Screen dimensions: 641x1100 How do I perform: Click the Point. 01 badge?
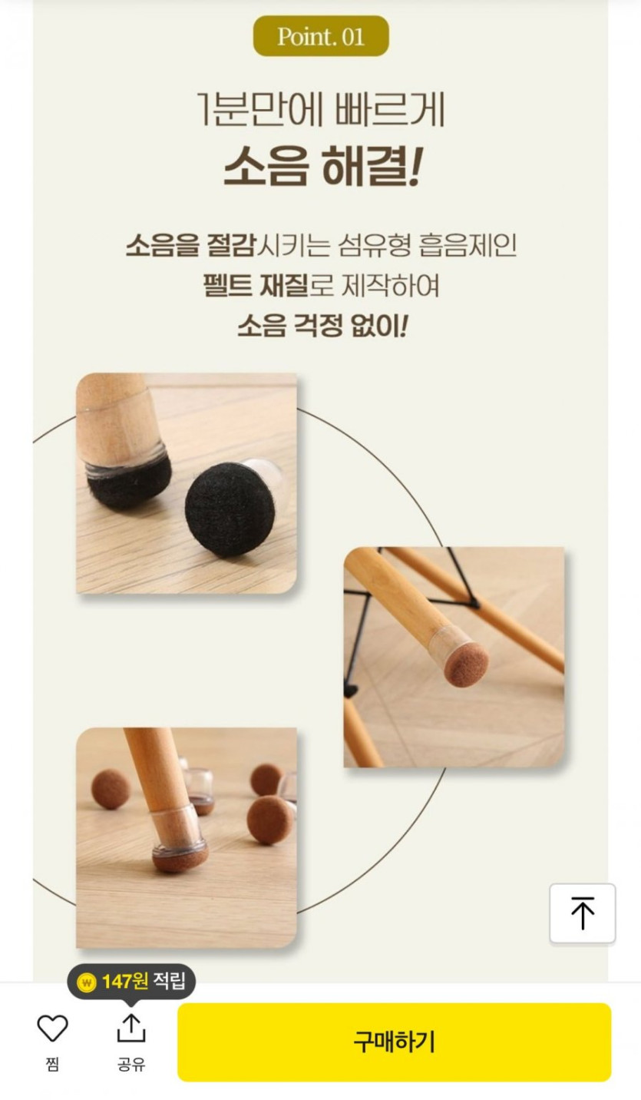(321, 36)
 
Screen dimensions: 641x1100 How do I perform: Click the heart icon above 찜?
(52, 1029)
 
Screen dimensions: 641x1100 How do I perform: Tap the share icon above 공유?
(131, 1028)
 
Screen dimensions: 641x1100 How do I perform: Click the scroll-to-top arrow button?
(583, 913)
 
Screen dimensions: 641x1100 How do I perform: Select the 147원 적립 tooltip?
(131, 982)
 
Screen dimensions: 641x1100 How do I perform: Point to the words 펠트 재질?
(256, 285)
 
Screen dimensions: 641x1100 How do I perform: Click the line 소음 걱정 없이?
(322, 326)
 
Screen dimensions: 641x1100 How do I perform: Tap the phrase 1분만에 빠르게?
(321, 109)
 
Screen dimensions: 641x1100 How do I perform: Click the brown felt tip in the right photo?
(466, 664)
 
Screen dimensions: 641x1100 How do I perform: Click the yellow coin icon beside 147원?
(87, 982)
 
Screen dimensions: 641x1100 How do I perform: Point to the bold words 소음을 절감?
(191, 245)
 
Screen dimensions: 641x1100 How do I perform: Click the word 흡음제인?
(468, 245)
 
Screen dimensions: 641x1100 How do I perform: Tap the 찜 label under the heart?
(52, 1064)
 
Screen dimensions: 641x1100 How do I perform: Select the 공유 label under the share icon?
(131, 1064)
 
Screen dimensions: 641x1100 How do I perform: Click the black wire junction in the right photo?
(474, 602)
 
